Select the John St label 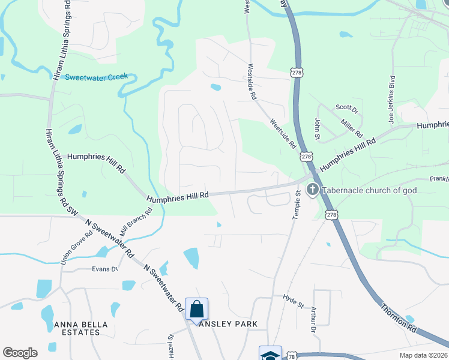coord(317,127)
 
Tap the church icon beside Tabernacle coord(312,190)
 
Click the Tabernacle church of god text coord(369,190)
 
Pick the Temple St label coord(296,205)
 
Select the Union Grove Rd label coord(69,248)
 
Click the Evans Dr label coord(104,269)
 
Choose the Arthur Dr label coord(313,319)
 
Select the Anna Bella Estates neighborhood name coord(81,328)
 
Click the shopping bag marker coord(196,309)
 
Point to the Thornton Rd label coord(398,317)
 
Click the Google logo coord(20,353)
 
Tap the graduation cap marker coord(270,354)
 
